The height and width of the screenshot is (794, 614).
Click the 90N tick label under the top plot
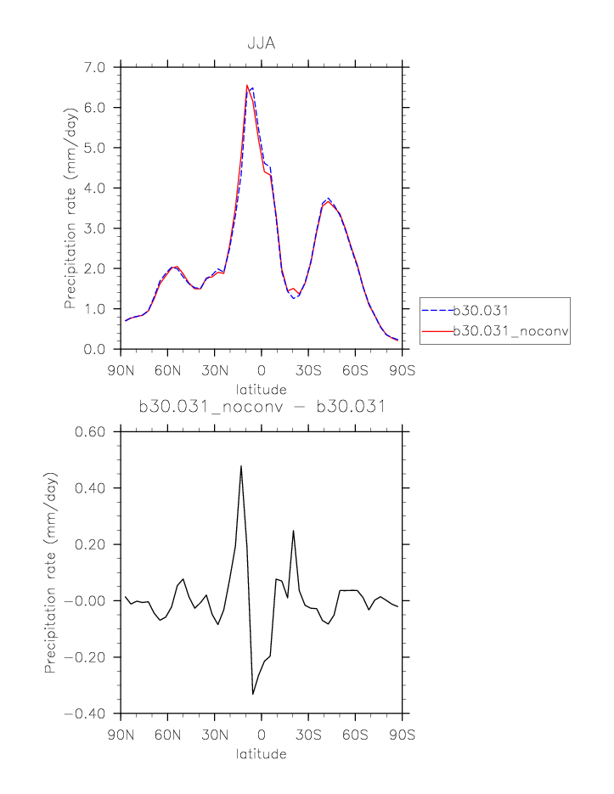tap(121, 371)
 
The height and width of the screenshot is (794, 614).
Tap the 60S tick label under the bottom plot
tap(355, 735)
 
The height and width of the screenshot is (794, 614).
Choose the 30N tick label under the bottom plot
tap(214, 735)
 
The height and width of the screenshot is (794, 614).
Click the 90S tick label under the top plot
tap(402, 371)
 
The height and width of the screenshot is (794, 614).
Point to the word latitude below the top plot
tap(262, 389)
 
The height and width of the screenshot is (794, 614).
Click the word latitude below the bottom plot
tap(262, 753)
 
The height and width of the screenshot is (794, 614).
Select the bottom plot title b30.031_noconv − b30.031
tap(262, 407)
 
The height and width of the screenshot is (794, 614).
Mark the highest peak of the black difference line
tap(241, 466)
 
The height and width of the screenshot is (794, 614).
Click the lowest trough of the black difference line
tap(253, 694)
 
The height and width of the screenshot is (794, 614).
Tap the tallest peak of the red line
tap(247, 86)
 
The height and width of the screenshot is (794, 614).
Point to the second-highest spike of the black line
tap(293, 531)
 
